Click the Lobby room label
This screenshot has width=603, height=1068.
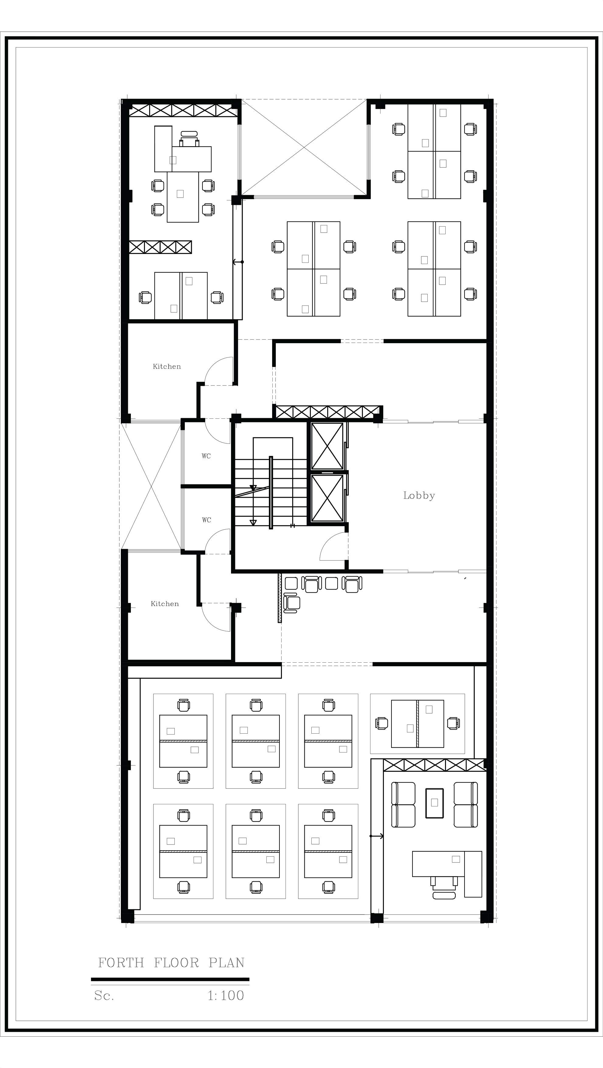(419, 495)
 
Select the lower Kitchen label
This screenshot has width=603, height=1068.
(165, 604)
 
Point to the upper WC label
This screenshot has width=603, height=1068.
(206, 456)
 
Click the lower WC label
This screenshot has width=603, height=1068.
(206, 520)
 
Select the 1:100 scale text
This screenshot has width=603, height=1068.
(226, 996)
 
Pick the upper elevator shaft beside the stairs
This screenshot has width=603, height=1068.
(328, 446)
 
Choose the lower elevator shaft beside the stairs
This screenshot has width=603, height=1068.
(328, 498)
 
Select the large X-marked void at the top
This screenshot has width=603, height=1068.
(305, 147)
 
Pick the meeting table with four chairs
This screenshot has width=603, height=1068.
(183, 197)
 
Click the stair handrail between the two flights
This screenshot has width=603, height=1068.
(271, 492)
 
